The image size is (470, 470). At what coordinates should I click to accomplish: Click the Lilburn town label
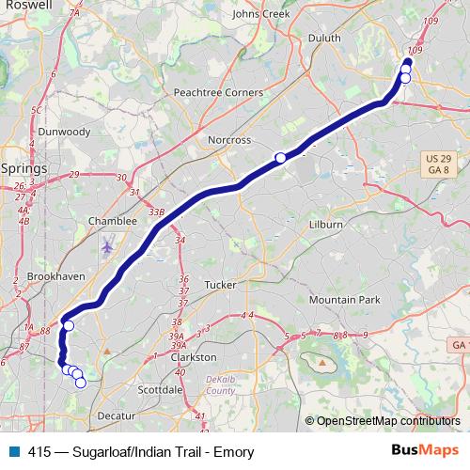(327, 226)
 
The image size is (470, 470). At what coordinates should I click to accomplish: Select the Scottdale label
(159, 388)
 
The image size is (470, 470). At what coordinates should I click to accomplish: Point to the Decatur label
(117, 415)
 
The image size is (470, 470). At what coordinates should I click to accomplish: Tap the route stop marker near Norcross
(280, 157)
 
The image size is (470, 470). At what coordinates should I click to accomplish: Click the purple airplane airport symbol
(107, 246)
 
